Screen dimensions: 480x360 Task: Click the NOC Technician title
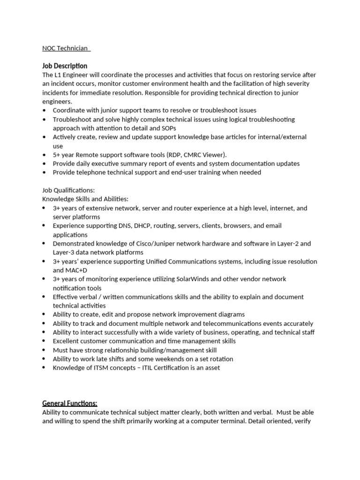[66, 48]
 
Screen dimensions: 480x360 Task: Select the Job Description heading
[65, 66]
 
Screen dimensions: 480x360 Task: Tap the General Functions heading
[70, 403]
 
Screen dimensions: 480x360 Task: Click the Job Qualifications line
[68, 190]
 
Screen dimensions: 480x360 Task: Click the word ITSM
[96, 368]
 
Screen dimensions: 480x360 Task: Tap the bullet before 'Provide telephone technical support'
[44, 172]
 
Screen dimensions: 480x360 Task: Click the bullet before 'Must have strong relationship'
[44, 350]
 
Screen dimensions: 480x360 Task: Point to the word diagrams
[229, 315]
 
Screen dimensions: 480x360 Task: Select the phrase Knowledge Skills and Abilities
[85, 199]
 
